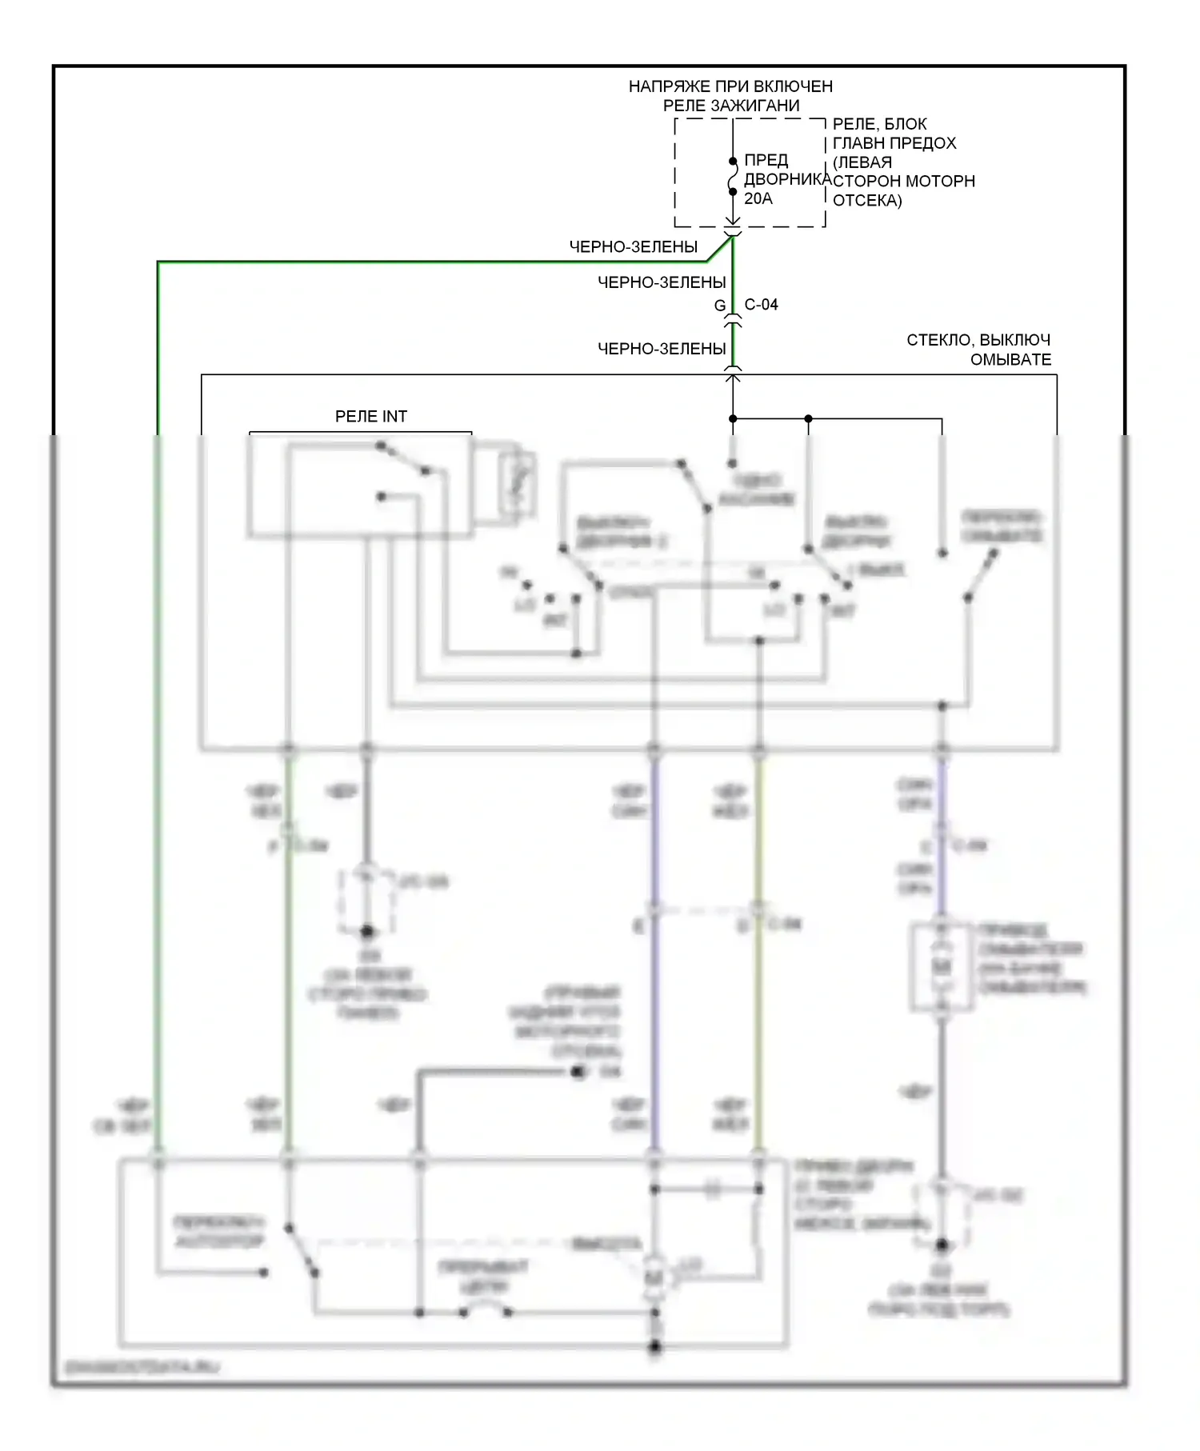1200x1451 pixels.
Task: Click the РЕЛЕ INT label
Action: [370, 417]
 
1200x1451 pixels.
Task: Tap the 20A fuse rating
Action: [758, 198]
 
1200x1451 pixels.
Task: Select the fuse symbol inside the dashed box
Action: [733, 177]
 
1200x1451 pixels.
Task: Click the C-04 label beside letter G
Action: [761, 305]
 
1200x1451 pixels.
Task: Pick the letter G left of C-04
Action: [720, 306]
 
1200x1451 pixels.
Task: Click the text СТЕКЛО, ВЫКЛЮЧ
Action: [978, 340]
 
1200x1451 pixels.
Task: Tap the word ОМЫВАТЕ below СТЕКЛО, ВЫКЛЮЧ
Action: [1010, 360]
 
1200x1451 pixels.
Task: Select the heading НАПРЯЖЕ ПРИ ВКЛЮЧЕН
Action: [730, 86]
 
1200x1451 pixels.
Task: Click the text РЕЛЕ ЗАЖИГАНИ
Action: [730, 106]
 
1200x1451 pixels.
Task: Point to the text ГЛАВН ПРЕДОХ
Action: [894, 143]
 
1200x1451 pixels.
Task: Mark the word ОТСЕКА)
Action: [867, 201]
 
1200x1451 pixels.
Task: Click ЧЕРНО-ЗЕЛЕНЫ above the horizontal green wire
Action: [633, 247]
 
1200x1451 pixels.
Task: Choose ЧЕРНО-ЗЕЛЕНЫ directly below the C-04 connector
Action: [662, 349]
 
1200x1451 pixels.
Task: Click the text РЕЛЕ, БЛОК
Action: [879, 124]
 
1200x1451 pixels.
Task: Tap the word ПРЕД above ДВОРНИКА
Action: [766, 160]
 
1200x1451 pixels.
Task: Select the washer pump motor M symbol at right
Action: [942, 967]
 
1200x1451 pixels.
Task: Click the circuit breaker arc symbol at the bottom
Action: [485, 1310]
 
